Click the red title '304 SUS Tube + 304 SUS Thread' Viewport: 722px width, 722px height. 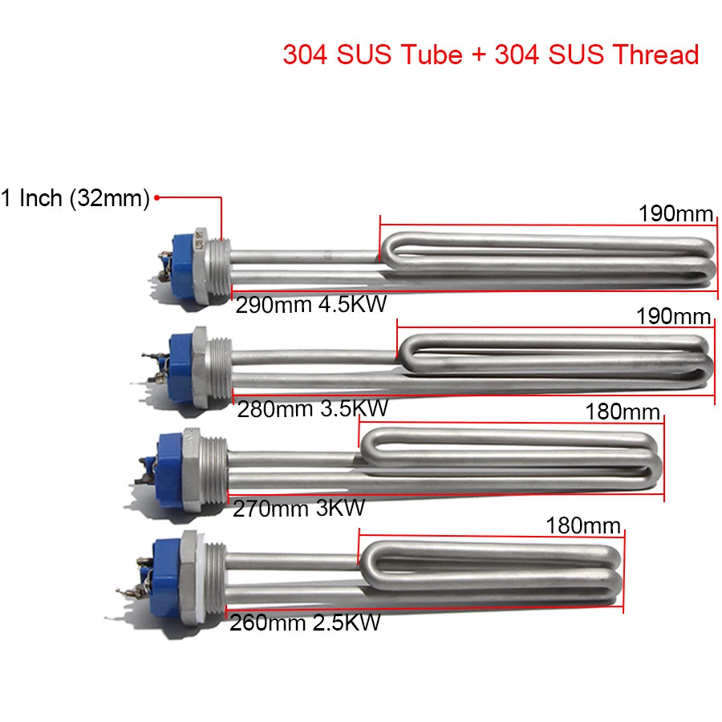pos(491,55)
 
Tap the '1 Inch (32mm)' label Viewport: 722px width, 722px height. pos(75,198)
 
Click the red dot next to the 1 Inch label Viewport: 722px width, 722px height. pos(156,198)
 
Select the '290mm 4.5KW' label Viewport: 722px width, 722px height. pos(310,304)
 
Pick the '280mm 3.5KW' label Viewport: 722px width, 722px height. pos(313,408)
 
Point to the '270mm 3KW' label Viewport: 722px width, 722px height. pos(299,509)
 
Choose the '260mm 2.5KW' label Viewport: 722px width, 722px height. pos(305,623)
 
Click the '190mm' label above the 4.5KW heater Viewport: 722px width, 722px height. pos(675,213)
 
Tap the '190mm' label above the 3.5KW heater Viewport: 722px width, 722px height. pos(673,316)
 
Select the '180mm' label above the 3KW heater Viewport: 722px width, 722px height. pos(623,412)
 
